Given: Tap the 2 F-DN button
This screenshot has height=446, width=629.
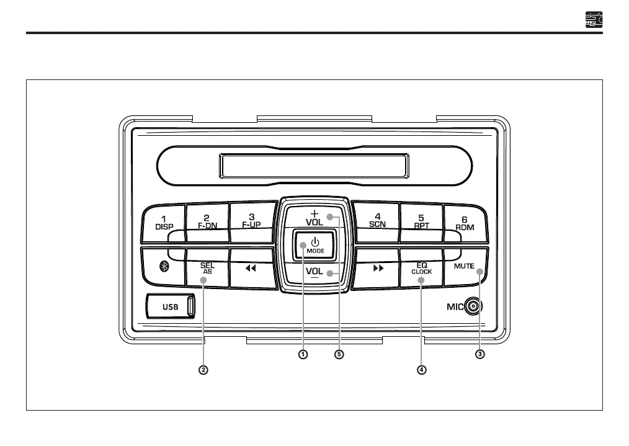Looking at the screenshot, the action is point(207,221).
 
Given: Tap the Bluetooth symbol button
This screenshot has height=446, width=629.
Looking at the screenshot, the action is point(164,266).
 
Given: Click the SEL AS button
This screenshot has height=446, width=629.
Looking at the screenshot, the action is point(207,267).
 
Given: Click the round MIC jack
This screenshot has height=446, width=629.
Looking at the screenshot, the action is point(475,306).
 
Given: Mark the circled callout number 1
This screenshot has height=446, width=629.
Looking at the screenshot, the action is point(303,355).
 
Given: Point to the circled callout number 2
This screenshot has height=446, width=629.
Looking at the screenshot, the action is point(203,370).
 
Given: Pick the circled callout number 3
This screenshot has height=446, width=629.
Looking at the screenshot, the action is point(480,355).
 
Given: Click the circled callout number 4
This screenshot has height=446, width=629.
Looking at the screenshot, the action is point(422,370).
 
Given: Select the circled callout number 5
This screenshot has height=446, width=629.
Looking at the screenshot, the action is point(339,355).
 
